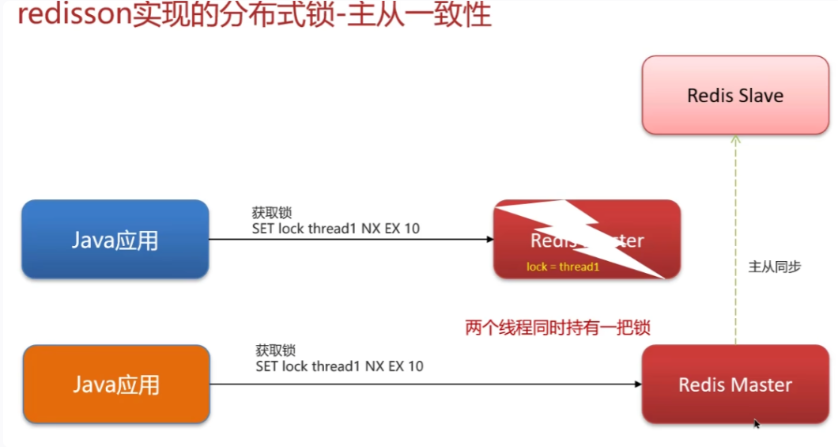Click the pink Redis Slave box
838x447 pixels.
click(735, 94)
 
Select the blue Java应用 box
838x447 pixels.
click(115, 239)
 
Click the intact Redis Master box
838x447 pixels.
click(735, 384)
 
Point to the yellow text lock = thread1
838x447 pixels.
click(563, 267)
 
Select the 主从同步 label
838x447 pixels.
click(775, 267)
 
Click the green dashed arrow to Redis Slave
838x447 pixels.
click(735, 237)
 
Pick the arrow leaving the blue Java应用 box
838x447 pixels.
click(348, 239)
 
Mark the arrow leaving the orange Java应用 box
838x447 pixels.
click(427, 384)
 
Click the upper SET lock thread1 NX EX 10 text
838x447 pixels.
click(336, 229)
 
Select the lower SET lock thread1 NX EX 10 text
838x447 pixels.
click(339, 366)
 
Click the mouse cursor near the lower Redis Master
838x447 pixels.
click(757, 424)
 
